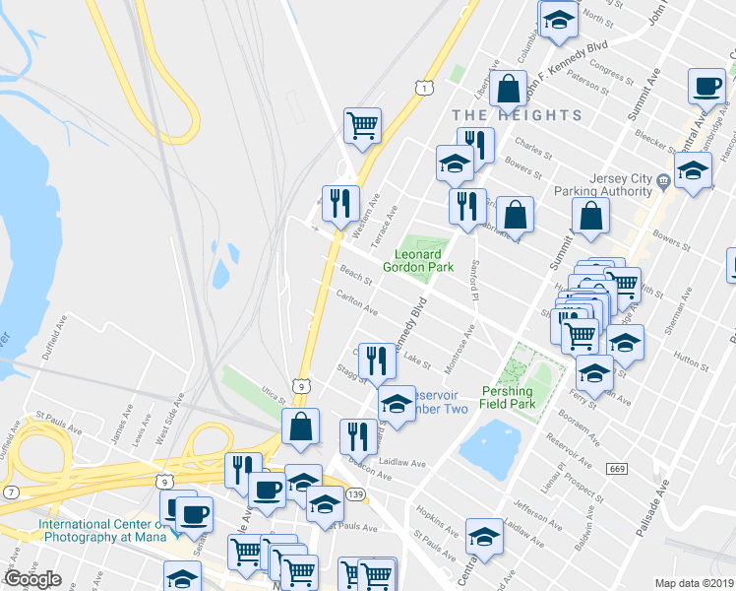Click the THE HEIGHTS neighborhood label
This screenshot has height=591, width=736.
[519, 115]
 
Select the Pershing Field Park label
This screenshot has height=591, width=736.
[521, 398]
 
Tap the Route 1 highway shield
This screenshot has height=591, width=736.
[421, 89]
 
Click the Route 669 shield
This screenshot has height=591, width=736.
[617, 468]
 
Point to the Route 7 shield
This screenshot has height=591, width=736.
[11, 491]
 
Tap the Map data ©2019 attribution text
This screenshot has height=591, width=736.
[695, 583]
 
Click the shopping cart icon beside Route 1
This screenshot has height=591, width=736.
[362, 126]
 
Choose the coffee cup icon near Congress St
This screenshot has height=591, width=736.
[706, 87]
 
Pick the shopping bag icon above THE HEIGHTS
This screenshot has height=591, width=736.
[509, 89]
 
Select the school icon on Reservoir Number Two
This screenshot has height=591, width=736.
[397, 404]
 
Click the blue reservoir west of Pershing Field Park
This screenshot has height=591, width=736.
[490, 446]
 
